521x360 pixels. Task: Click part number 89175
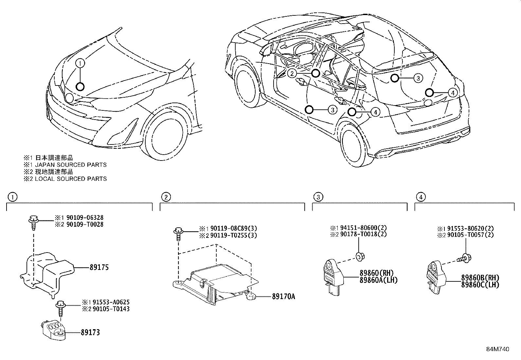99,267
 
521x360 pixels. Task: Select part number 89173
90,332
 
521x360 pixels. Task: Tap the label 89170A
283,297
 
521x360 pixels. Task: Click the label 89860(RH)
376,273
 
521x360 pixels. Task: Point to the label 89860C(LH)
480,285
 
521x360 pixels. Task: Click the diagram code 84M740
497,349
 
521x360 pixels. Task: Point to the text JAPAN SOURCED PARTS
71,165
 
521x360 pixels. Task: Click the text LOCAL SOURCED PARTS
71,179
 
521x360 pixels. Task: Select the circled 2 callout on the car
292,74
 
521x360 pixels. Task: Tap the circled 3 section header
318,197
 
